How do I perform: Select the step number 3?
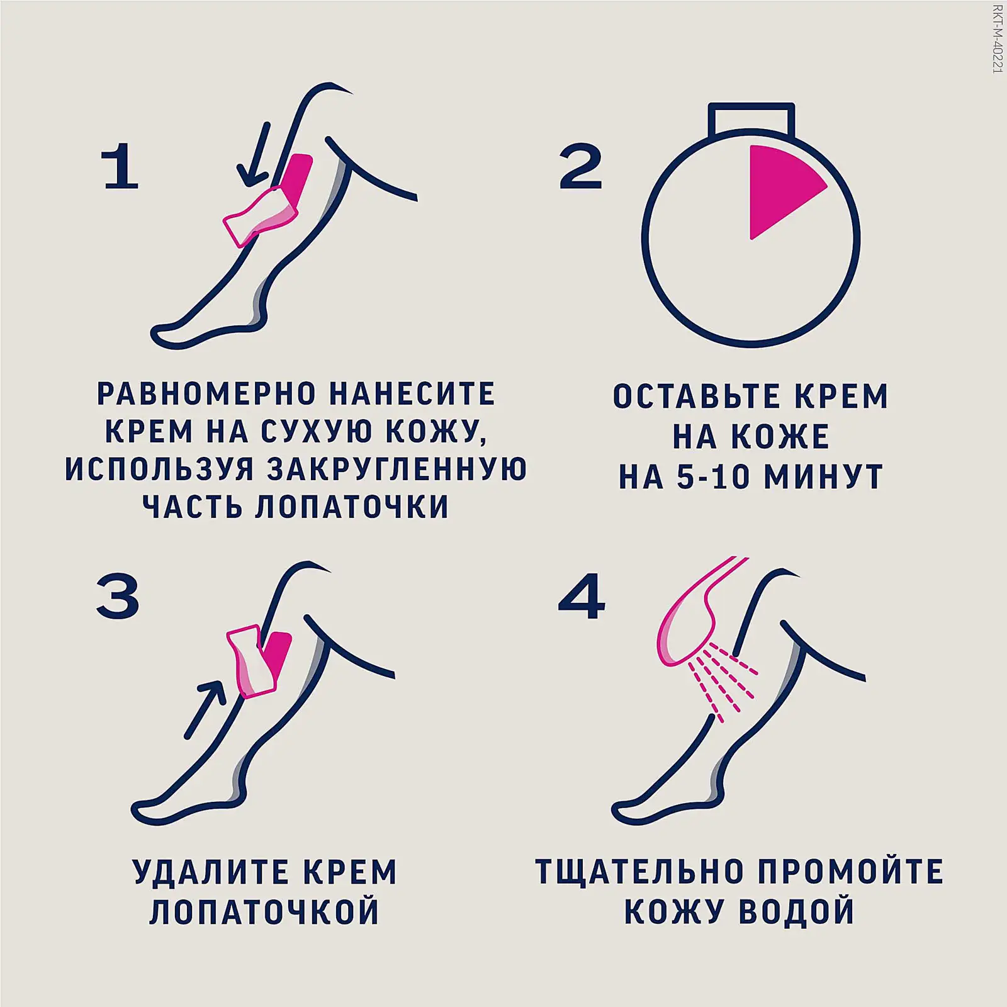pos(118,597)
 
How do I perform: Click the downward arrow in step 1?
pos(256,155)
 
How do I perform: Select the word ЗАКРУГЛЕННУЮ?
pos(397,470)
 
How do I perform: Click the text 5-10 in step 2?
pos(712,478)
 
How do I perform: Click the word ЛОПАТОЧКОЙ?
pos(264,911)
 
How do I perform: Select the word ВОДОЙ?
pos(796,911)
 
